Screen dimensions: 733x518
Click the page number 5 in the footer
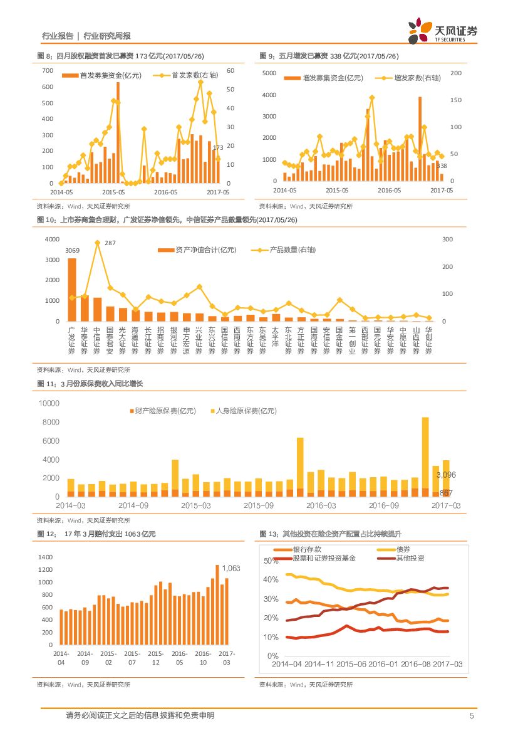pos(472,715)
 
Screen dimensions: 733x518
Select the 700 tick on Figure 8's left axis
pos(48,70)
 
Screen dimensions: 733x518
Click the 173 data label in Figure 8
pos(218,147)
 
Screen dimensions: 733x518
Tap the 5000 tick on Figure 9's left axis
pos(269,73)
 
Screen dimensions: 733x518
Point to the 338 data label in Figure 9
pos(441,166)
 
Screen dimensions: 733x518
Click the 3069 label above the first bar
pos(72,252)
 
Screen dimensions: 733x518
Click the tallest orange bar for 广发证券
pos(72,289)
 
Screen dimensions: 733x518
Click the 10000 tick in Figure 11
pos(49,403)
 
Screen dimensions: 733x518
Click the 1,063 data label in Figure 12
pos(231,568)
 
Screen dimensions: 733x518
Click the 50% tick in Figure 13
pos(271,561)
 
